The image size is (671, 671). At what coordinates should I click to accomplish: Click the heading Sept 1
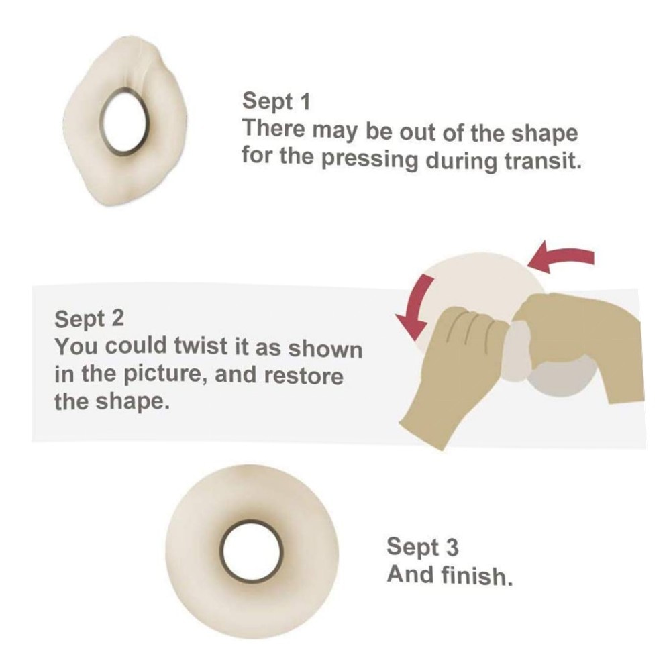point(276,101)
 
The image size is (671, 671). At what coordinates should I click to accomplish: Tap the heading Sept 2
point(89,319)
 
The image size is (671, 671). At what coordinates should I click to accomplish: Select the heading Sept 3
point(422,547)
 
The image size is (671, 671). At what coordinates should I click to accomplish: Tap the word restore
point(303,375)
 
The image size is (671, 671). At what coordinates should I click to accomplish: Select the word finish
point(476,575)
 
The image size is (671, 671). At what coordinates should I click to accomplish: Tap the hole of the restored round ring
point(251,552)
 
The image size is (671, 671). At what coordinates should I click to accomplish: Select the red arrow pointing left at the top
point(560,257)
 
